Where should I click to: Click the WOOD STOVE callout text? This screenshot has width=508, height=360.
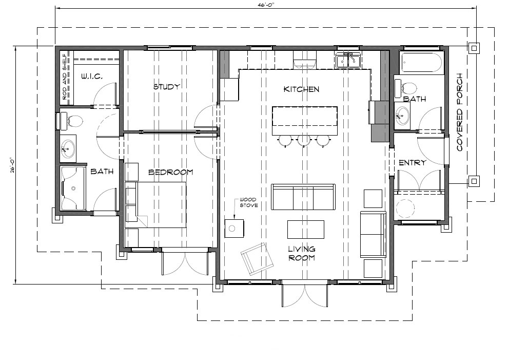pos(249,202)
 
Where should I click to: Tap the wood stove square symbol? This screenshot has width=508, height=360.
pos(234,229)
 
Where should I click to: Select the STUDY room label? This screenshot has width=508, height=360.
pos(167,87)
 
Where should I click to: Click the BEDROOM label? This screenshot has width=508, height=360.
pos(171,172)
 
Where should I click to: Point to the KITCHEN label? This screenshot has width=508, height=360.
pos(301,89)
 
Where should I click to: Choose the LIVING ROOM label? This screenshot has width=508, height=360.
pos(302,253)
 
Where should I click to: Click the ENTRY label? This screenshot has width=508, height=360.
pos(412,162)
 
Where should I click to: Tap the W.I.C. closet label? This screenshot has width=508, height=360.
pos(92,77)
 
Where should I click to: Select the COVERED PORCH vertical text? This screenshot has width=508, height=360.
pos(459,112)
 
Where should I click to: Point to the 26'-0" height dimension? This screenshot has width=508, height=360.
pos(12,165)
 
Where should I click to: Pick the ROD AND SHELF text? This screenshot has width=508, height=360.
pos(65,77)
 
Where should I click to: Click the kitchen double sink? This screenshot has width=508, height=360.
pos(348,60)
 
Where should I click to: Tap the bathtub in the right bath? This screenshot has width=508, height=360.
pos(421,62)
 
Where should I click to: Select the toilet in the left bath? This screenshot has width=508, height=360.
pos(72,121)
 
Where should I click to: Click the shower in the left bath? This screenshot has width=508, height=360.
pos(73,188)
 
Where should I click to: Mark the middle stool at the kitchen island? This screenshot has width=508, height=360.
pos(304,141)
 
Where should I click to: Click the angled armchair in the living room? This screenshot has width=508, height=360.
pos(257,258)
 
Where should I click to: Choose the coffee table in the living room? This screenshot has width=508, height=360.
pos(305,229)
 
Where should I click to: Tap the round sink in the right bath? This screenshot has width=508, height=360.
pos(402,115)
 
